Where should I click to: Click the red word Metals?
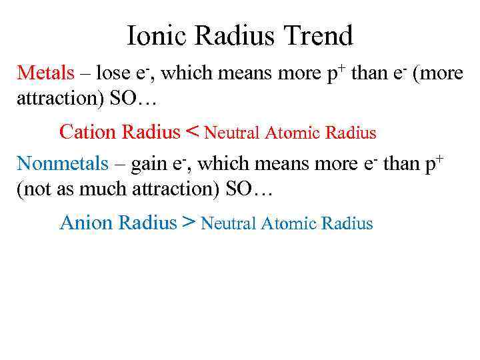pos(45,73)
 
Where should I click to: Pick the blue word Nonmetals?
pos(62,163)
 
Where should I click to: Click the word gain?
pos(148,163)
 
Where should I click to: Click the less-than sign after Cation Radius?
pos(192,131)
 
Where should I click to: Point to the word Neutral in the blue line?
pos(229,223)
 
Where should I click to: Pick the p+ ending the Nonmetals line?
pos(436,163)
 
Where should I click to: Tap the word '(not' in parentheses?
pos(35,188)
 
